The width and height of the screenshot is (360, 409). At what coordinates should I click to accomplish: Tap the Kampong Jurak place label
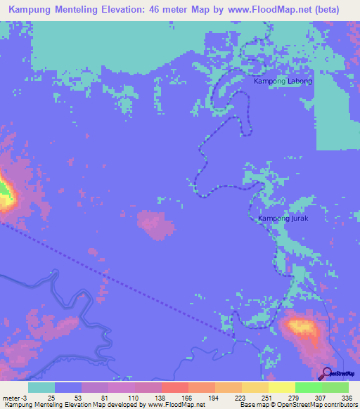283,219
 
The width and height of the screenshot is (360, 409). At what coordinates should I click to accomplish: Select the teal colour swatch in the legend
41,387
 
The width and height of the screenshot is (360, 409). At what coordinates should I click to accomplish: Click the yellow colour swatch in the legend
281,387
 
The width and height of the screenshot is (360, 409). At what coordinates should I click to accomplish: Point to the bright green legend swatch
308,387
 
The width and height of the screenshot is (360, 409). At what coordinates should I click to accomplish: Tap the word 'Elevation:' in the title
136,10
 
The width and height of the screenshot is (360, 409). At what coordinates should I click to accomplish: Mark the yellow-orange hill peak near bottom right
301,327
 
